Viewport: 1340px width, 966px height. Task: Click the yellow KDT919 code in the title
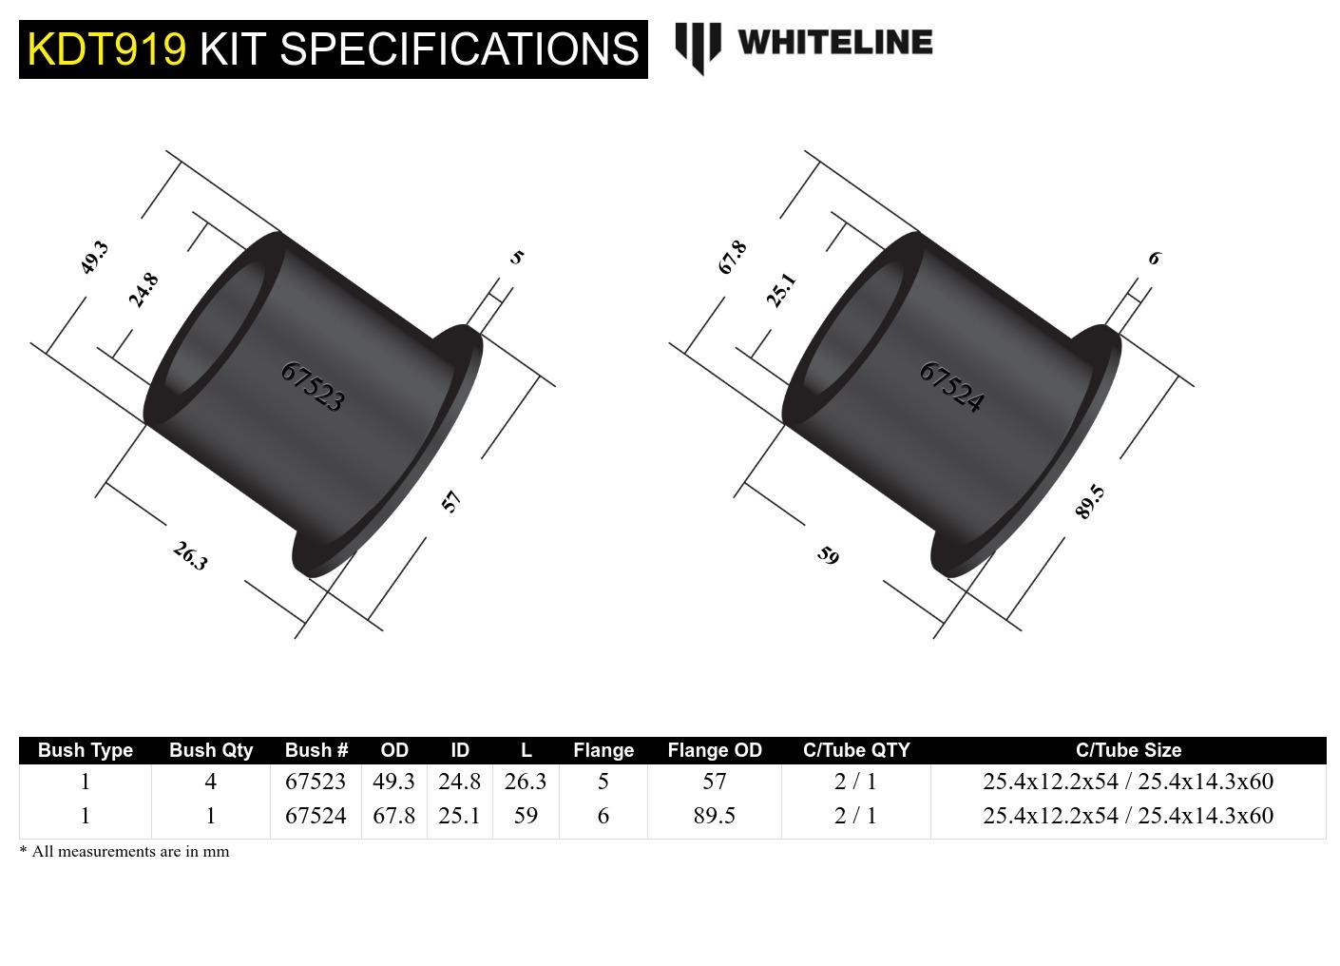click(106, 49)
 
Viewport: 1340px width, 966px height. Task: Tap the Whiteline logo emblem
click(699, 48)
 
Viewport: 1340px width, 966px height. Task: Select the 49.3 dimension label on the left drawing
click(94, 258)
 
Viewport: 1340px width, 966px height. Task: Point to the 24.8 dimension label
click(144, 290)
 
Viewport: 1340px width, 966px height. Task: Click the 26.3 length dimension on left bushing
click(190, 556)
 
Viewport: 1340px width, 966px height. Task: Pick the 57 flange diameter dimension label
click(451, 501)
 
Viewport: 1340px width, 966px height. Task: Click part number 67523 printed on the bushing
click(313, 386)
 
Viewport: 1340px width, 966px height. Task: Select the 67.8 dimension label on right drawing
click(733, 258)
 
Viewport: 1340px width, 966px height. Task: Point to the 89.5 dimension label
click(1090, 501)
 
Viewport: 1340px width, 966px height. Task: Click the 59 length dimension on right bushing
click(829, 555)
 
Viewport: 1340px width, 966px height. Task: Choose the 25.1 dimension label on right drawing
click(781, 290)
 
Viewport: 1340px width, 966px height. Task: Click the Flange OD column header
click(715, 750)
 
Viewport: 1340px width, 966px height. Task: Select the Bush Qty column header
click(211, 750)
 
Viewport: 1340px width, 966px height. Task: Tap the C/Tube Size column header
click(1128, 750)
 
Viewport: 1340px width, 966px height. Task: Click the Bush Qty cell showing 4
click(211, 782)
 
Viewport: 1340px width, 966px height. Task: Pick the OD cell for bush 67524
click(393, 816)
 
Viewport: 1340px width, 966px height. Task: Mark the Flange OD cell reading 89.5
click(715, 816)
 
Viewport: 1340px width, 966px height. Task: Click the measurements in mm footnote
click(124, 852)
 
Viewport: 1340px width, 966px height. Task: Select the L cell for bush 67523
click(526, 782)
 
